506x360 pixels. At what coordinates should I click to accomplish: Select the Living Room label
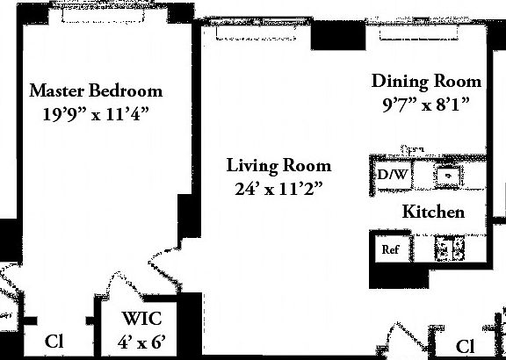point(278,165)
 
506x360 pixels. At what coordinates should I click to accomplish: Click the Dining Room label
point(426,82)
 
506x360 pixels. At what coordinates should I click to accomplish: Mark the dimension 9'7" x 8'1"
point(426,104)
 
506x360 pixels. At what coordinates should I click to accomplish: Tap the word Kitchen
point(432,212)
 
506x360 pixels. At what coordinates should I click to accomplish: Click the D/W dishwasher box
point(392,174)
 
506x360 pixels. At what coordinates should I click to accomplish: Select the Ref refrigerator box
point(390,249)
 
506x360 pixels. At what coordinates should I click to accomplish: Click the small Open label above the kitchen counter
point(412,150)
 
